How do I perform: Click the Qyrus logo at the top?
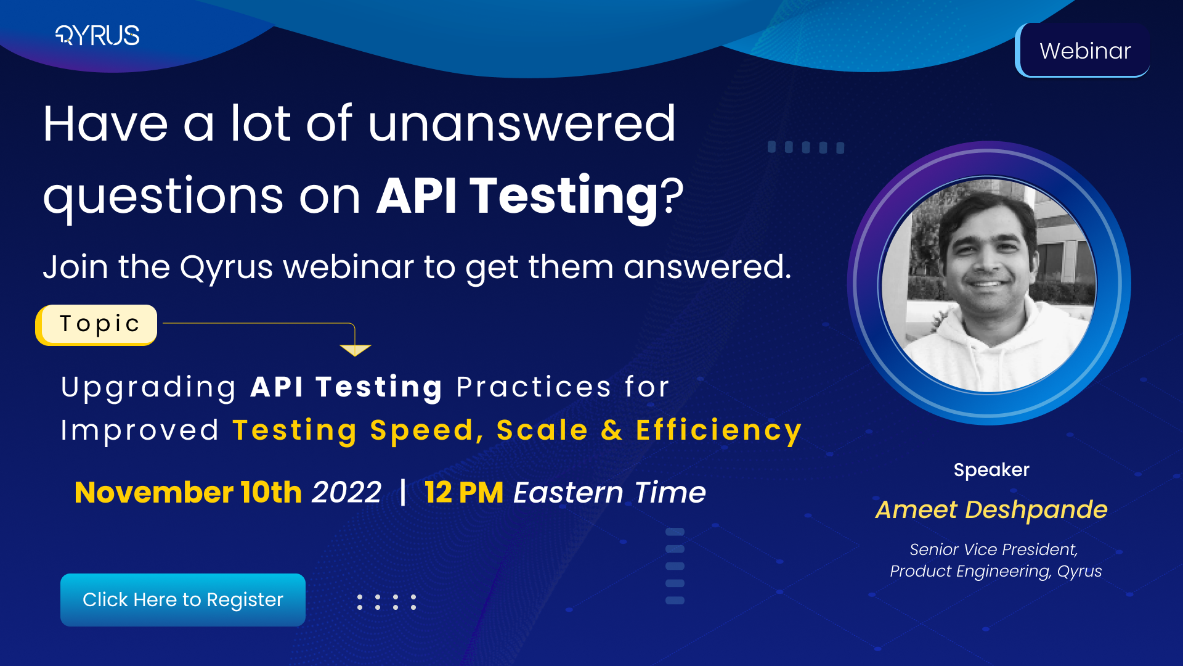tap(97, 35)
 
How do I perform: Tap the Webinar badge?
tap(1084, 51)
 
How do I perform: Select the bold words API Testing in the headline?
tap(518, 196)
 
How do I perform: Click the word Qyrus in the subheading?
tap(226, 268)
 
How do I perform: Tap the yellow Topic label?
tap(99, 324)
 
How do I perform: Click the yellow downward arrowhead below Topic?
tap(355, 350)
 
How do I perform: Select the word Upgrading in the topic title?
tap(148, 388)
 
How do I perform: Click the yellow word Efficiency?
tap(718, 430)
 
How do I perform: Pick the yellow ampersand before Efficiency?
tap(611, 430)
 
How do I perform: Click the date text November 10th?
tap(188, 493)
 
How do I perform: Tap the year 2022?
tap(346, 493)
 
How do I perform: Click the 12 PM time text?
tap(463, 493)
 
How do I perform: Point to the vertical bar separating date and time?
tap(403, 492)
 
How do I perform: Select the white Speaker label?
tap(991, 470)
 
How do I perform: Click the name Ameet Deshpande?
tap(991, 510)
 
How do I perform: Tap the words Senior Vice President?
tap(993, 549)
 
